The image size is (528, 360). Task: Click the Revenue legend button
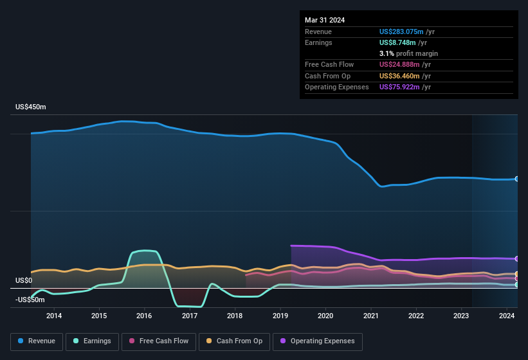click(37, 341)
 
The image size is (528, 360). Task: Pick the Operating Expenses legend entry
click(318, 341)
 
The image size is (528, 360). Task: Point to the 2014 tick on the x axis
click(54, 316)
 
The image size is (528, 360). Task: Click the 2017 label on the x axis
click(190, 316)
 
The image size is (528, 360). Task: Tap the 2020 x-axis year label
click(325, 316)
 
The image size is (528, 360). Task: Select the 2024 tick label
click(506, 316)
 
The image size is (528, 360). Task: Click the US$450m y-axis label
click(31, 107)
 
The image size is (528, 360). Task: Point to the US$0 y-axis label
click(24, 281)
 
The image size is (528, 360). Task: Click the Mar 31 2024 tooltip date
click(325, 20)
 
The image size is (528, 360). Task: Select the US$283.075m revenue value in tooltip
click(401, 32)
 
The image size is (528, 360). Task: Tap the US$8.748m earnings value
click(397, 42)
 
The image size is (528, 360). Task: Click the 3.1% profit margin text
click(408, 53)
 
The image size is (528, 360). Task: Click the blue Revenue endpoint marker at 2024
click(517, 179)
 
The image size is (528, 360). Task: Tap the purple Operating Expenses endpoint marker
click(517, 258)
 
